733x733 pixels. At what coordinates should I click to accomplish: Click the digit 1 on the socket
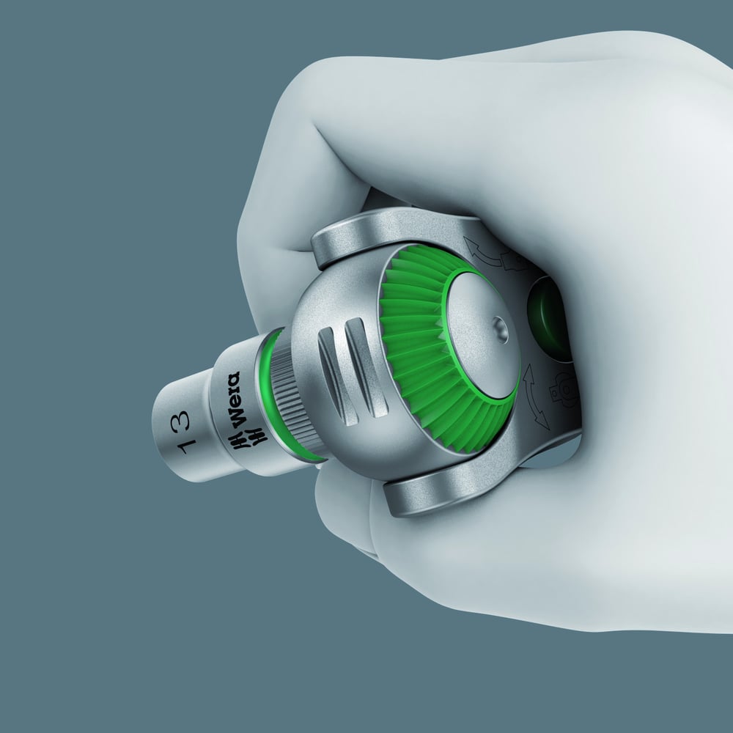pos(187,447)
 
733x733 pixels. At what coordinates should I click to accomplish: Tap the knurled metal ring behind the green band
pos(290,397)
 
